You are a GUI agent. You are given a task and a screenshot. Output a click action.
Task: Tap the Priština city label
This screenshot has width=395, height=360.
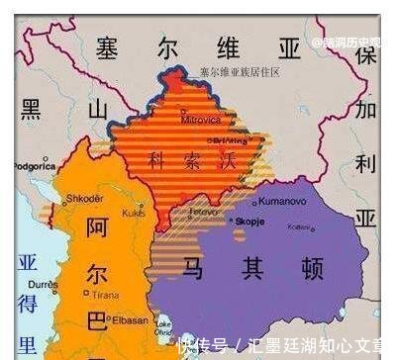point(230,139)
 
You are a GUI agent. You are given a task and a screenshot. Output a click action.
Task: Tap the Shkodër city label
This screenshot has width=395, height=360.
point(84,198)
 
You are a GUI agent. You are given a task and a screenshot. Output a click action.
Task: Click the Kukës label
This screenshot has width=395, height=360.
point(134,211)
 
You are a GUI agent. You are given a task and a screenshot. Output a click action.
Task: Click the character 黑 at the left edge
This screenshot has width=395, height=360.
point(31,108)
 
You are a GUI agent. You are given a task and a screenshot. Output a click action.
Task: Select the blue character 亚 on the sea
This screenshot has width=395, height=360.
point(27,264)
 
